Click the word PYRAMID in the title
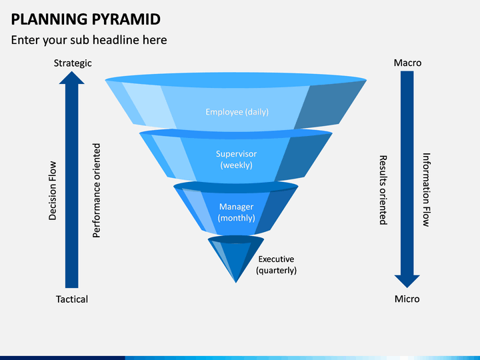126,19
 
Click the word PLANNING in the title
49,19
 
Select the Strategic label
73,63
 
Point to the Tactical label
72,299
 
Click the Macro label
407,63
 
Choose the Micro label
407,299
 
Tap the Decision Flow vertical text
53,191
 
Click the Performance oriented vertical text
97,191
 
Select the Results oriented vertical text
383,190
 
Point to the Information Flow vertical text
427,190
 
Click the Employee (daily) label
237,112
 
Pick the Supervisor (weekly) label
236,159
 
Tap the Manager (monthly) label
236,212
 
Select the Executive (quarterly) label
277,265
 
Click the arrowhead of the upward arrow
71,78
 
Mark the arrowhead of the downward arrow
407,281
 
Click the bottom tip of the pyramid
236,283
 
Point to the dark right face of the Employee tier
327,105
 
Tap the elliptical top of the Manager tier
236,187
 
